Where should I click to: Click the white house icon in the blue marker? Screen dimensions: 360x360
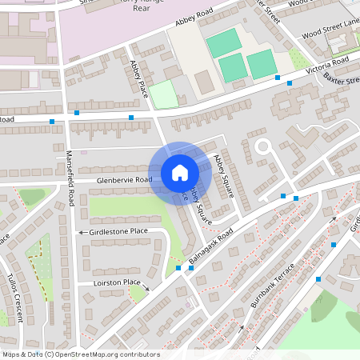[x=180, y=172]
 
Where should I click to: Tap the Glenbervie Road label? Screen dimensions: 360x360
[x=124, y=181]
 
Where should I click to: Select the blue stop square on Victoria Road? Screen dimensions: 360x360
[x=278, y=78]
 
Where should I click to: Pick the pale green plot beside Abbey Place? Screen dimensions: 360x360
[x=164, y=94]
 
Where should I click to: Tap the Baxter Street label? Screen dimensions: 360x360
[x=343, y=81]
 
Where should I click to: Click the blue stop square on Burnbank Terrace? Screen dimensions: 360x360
[x=318, y=279]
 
